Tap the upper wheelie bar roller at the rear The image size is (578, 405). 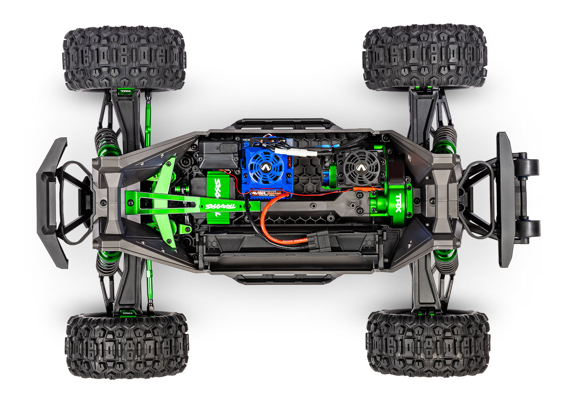531,165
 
